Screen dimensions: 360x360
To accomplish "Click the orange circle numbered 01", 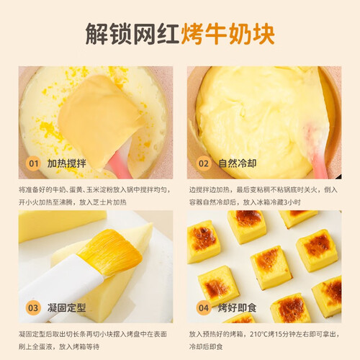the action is (x=33, y=163).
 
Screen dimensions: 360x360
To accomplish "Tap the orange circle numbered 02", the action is (x=204, y=163).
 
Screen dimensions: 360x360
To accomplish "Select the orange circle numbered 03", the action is (x=33, y=307).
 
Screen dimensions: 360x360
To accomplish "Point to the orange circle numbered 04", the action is (x=204, y=307).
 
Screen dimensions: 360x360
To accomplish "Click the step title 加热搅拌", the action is (x=66, y=163).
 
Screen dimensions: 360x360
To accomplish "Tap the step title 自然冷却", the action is (x=237, y=163).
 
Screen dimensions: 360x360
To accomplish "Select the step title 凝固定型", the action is (x=66, y=307).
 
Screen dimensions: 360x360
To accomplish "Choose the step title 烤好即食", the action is (x=237, y=307).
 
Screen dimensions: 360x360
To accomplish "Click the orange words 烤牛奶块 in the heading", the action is (x=228, y=34).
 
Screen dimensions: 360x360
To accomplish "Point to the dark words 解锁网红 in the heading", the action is (x=132, y=34).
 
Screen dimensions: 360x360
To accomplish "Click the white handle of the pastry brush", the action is (x=60, y=288).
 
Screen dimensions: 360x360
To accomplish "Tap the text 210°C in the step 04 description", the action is (x=258, y=334).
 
